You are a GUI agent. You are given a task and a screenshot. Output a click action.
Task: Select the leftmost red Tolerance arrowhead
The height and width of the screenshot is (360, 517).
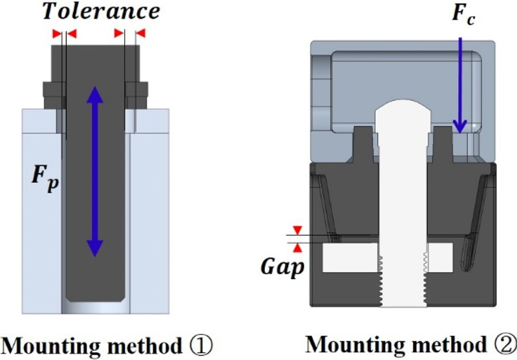point(56,33)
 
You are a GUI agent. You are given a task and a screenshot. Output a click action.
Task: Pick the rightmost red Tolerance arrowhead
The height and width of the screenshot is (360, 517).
point(141,33)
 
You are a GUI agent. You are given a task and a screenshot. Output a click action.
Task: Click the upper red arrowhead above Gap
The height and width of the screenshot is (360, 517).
point(297,230)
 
